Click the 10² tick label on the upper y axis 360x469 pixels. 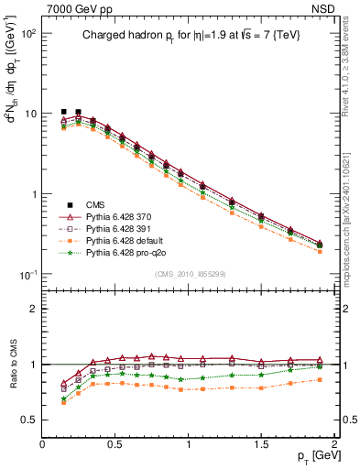click(x=29, y=34)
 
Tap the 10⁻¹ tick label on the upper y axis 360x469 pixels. click(x=29, y=276)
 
